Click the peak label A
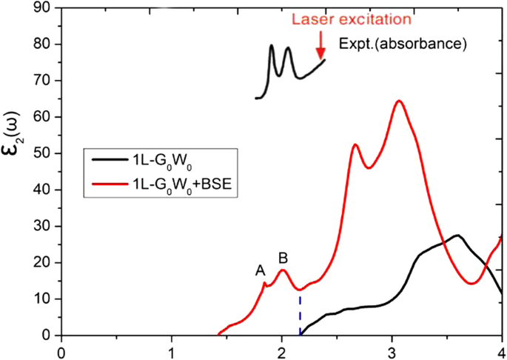261,271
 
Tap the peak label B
283,258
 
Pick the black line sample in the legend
108,158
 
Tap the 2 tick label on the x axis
281,350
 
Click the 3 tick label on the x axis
392,350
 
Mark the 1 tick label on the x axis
172,350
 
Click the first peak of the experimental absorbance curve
272,46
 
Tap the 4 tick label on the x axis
501,350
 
